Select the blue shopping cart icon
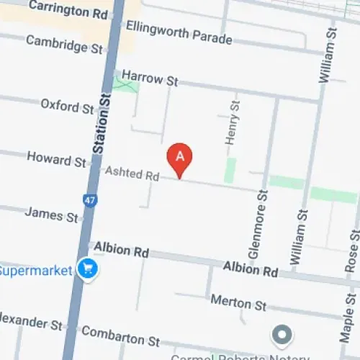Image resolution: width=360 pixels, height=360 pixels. click(89, 269)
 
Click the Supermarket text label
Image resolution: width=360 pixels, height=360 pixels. click(36, 271)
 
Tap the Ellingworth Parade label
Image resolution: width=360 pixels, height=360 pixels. click(179, 31)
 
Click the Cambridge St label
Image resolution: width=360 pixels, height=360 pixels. click(65, 44)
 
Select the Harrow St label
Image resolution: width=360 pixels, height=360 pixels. click(149, 78)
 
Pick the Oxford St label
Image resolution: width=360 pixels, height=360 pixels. click(67, 106)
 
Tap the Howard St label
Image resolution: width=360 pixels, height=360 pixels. click(56, 159)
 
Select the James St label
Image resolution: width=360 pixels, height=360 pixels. click(52, 214)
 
